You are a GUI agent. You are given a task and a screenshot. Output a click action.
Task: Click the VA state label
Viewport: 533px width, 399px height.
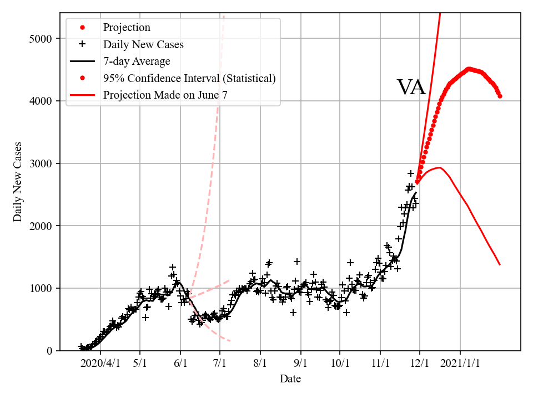411,88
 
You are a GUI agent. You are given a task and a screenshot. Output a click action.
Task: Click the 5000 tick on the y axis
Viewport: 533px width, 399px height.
41,39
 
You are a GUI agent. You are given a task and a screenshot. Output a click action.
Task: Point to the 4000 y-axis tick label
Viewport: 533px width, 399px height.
41,101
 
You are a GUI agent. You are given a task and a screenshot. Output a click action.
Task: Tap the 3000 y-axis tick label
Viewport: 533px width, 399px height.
41,163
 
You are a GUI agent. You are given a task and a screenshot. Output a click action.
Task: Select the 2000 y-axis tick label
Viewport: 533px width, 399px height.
41,226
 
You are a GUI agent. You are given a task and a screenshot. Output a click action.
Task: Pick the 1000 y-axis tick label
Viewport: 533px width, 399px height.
41,288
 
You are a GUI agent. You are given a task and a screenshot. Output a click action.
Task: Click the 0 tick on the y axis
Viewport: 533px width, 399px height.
49,351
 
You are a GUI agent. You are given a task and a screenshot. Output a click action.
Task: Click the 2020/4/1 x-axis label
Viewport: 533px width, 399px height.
100,364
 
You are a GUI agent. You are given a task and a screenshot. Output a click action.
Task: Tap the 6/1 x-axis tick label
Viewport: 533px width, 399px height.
180,364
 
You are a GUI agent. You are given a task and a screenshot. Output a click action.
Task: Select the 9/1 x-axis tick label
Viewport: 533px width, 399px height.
301,364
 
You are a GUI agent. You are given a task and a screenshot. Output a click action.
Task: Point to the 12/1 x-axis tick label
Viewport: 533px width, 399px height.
420,364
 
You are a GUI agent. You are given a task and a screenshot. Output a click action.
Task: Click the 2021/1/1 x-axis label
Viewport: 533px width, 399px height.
460,364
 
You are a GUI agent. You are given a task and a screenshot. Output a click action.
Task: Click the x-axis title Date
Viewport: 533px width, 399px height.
290,379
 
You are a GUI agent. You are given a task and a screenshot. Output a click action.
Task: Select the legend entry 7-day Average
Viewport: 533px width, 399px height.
137,62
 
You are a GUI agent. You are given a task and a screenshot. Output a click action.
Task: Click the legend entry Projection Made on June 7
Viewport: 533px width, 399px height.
165,95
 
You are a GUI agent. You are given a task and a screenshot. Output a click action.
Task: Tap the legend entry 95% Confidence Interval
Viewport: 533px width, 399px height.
189,78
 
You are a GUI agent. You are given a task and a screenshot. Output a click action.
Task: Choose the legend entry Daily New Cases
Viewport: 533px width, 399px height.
143,44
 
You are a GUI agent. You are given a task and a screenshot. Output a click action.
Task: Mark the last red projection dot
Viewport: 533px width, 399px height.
500,96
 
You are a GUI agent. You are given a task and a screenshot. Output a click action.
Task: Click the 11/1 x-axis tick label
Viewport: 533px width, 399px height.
380,364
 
